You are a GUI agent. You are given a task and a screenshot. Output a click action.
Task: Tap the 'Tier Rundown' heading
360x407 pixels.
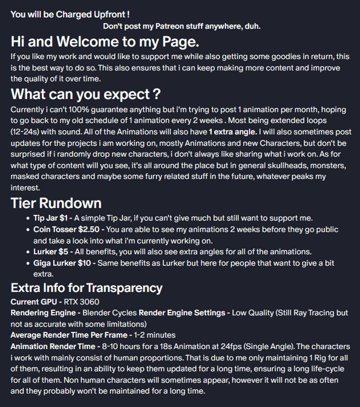point(56,203)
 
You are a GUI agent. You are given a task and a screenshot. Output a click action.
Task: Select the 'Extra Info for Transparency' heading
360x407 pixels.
point(86,288)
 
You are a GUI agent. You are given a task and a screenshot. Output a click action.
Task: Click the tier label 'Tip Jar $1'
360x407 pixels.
point(50,218)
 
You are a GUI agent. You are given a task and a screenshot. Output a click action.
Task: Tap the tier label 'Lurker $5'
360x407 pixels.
point(51,252)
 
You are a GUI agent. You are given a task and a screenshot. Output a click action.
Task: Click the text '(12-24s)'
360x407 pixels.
point(27,132)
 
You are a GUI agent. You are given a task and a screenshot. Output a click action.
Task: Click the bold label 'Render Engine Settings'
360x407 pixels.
point(182,313)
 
